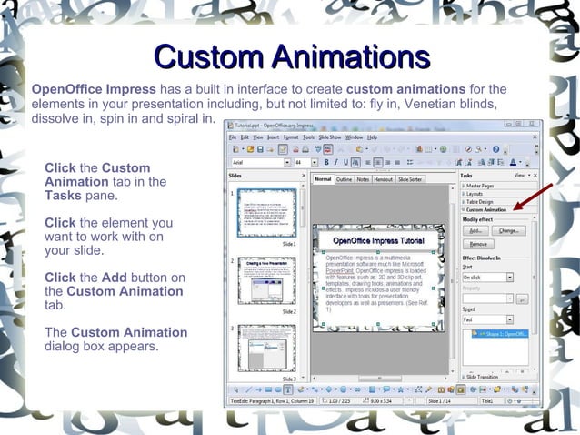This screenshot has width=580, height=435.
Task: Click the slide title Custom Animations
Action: click(291, 56)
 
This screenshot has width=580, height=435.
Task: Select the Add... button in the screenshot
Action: click(475, 231)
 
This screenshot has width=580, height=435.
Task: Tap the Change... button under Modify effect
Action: click(508, 231)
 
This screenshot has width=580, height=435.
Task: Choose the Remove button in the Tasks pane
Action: click(477, 245)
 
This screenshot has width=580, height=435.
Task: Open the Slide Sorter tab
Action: click(410, 179)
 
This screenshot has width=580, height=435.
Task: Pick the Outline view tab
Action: click(345, 179)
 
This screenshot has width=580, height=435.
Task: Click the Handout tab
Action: click(383, 179)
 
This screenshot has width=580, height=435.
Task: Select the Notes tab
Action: click(363, 179)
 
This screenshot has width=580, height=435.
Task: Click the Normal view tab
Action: click(323, 179)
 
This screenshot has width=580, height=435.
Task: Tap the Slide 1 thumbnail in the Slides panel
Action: click(266, 213)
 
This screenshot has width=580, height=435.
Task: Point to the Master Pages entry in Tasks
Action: click(481, 186)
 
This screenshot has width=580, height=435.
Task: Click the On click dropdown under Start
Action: click(487, 277)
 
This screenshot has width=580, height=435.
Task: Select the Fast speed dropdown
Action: click(487, 319)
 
